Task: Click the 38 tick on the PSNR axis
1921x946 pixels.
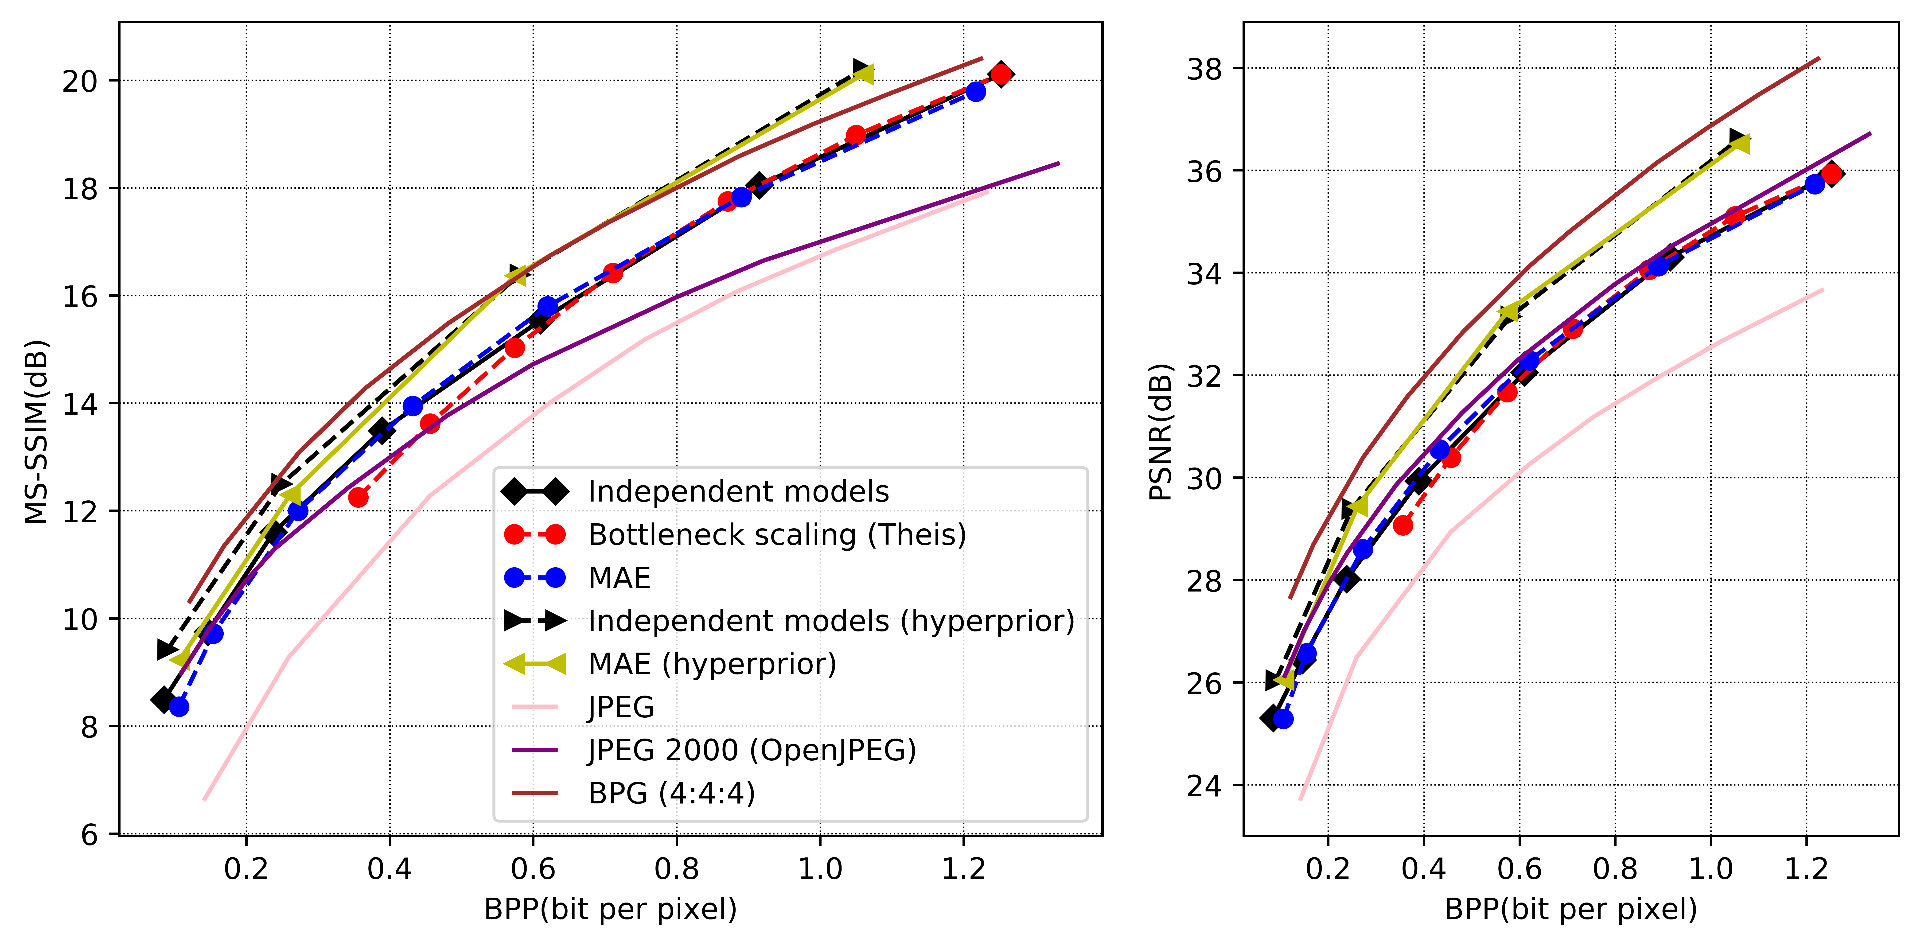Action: pos(1204,69)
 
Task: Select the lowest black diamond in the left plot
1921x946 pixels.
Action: pos(163,699)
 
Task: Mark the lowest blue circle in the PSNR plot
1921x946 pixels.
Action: pos(1283,719)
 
